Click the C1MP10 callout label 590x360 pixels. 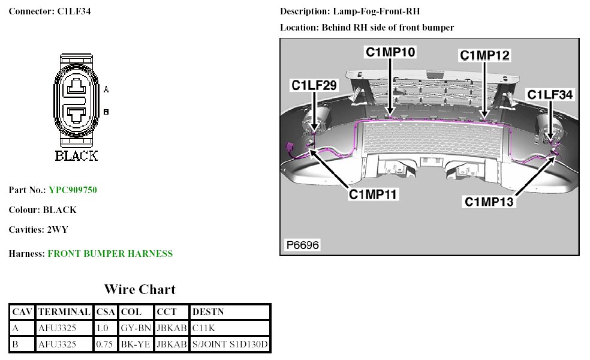(390, 52)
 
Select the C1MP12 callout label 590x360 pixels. (484, 55)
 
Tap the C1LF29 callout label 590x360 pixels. (314, 85)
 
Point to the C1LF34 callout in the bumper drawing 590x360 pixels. (550, 95)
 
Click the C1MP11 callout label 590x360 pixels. (374, 194)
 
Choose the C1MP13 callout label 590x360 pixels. (489, 202)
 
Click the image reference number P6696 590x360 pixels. (303, 245)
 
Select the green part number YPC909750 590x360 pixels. (73, 190)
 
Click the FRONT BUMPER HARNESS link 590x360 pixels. (110, 254)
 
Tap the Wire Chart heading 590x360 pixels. (140, 290)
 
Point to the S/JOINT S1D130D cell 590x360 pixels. (230, 344)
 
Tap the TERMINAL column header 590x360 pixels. (64, 312)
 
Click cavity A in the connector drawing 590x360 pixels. (76, 89)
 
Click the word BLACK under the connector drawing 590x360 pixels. (76, 156)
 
